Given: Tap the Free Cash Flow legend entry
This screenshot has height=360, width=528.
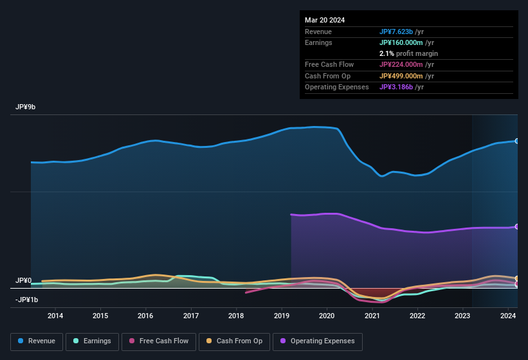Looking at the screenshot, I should click(x=159, y=341).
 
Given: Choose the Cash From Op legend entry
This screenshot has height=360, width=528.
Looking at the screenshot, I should click(x=234, y=341).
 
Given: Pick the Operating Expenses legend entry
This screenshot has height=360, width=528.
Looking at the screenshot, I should click(x=317, y=341).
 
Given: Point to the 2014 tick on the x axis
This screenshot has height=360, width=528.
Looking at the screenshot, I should click(x=55, y=316).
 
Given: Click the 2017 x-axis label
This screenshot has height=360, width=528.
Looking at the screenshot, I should click(x=191, y=316).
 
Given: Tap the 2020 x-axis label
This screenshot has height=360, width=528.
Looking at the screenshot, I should click(x=327, y=316).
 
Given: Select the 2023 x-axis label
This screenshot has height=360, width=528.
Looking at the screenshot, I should click(x=462, y=316).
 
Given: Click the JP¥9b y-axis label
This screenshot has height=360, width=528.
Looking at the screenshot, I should click(x=26, y=107).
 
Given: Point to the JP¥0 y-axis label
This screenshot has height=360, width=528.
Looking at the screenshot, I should click(x=24, y=281).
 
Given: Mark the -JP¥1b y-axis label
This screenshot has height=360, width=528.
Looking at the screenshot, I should click(x=27, y=300).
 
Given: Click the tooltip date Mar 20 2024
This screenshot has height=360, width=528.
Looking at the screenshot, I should click(x=325, y=20).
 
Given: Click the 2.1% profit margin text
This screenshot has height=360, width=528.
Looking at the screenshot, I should click(x=408, y=53).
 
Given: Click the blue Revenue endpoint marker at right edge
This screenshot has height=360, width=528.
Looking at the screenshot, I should click(x=517, y=141).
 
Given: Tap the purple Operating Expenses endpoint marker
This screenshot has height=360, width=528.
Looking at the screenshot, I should click(x=517, y=226).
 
